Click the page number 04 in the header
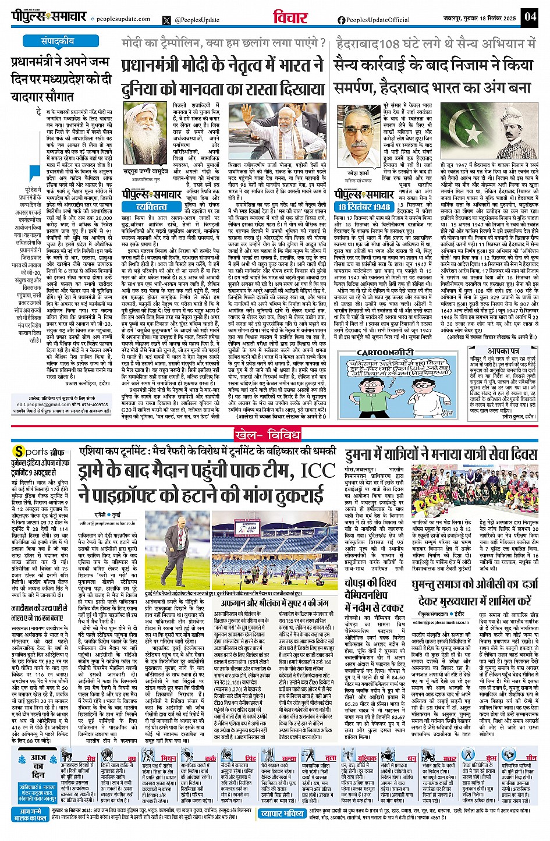tap(530, 16)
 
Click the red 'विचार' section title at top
tap(290, 17)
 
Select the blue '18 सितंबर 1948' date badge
tap(364, 207)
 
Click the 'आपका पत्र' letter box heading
tap(503, 351)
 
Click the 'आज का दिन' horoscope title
tap(38, 766)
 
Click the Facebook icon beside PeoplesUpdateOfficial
tap(341, 20)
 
